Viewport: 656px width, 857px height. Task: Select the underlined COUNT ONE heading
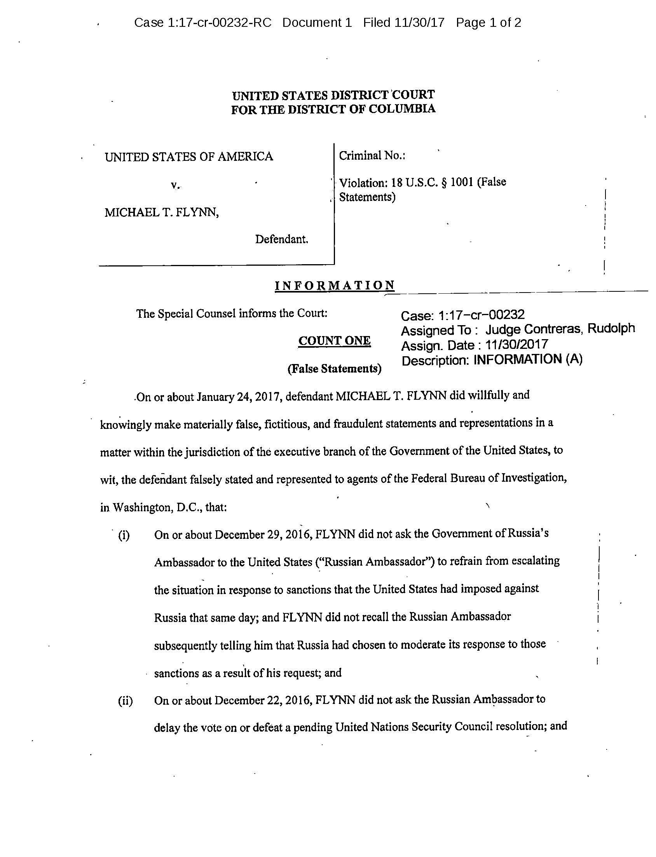pos(334,341)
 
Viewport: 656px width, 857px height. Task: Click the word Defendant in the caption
pos(281,239)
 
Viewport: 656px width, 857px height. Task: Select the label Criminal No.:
pos(372,156)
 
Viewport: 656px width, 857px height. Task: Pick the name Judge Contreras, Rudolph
pos(560,329)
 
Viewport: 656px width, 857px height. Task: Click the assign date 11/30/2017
pos(516,345)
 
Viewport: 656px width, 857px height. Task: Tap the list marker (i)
pos(124,535)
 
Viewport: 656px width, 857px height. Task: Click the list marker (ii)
pos(126,701)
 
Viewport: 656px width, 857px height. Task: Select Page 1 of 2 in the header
pos(489,23)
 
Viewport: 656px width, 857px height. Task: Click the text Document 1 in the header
pos(317,23)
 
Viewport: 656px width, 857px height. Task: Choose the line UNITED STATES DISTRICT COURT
pos(333,95)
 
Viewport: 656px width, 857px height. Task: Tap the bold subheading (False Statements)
pos(334,368)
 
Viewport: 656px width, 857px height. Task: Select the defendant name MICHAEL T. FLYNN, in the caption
pos(162,212)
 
